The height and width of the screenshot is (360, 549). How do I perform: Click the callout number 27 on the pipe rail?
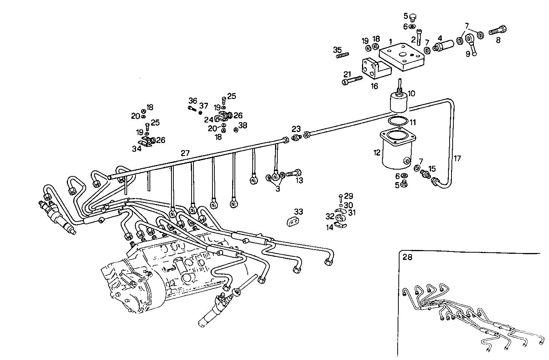coord(185,153)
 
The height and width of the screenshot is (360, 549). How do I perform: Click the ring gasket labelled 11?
coord(398,122)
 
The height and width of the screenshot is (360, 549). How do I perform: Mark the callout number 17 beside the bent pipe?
coord(458,159)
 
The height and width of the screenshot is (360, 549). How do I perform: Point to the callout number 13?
coord(299,181)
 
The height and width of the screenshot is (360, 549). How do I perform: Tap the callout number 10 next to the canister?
coord(411,93)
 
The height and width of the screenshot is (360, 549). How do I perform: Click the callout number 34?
coord(137,149)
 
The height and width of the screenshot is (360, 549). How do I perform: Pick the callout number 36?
coord(193,101)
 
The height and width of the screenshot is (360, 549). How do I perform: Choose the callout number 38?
coord(243,125)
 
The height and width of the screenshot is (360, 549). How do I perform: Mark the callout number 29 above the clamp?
coord(349,196)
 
